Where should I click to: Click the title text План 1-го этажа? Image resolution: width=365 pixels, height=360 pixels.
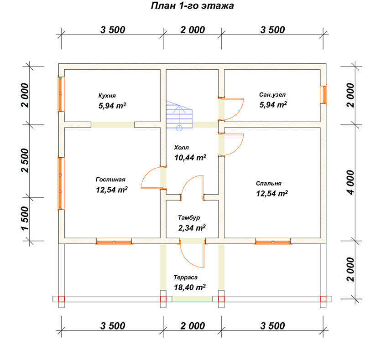192,5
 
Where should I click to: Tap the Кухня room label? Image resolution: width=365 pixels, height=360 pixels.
107,96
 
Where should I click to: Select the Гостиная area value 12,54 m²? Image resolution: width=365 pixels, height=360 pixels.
112,190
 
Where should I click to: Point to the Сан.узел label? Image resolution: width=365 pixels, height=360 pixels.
272,95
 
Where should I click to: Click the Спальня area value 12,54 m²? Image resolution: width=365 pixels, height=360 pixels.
272,193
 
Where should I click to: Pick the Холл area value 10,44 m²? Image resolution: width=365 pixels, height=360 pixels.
190,157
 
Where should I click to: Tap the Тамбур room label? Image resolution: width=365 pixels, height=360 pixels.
189,217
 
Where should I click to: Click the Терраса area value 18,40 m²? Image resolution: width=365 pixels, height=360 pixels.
190,287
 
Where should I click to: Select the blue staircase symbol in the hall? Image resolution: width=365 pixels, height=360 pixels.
179,116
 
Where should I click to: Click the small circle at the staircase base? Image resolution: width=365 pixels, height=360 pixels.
179,128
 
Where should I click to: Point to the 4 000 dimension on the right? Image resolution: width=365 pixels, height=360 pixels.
350,183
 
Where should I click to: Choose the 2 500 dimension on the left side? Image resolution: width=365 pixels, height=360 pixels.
25,161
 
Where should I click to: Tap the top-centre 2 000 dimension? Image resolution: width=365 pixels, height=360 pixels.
193,30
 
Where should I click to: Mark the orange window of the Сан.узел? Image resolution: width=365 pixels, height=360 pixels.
324,94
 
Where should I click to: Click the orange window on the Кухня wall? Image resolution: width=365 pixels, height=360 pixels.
60,94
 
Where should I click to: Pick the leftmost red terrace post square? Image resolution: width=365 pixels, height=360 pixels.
61,299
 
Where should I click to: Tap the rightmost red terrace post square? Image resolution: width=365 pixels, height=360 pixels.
323,299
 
